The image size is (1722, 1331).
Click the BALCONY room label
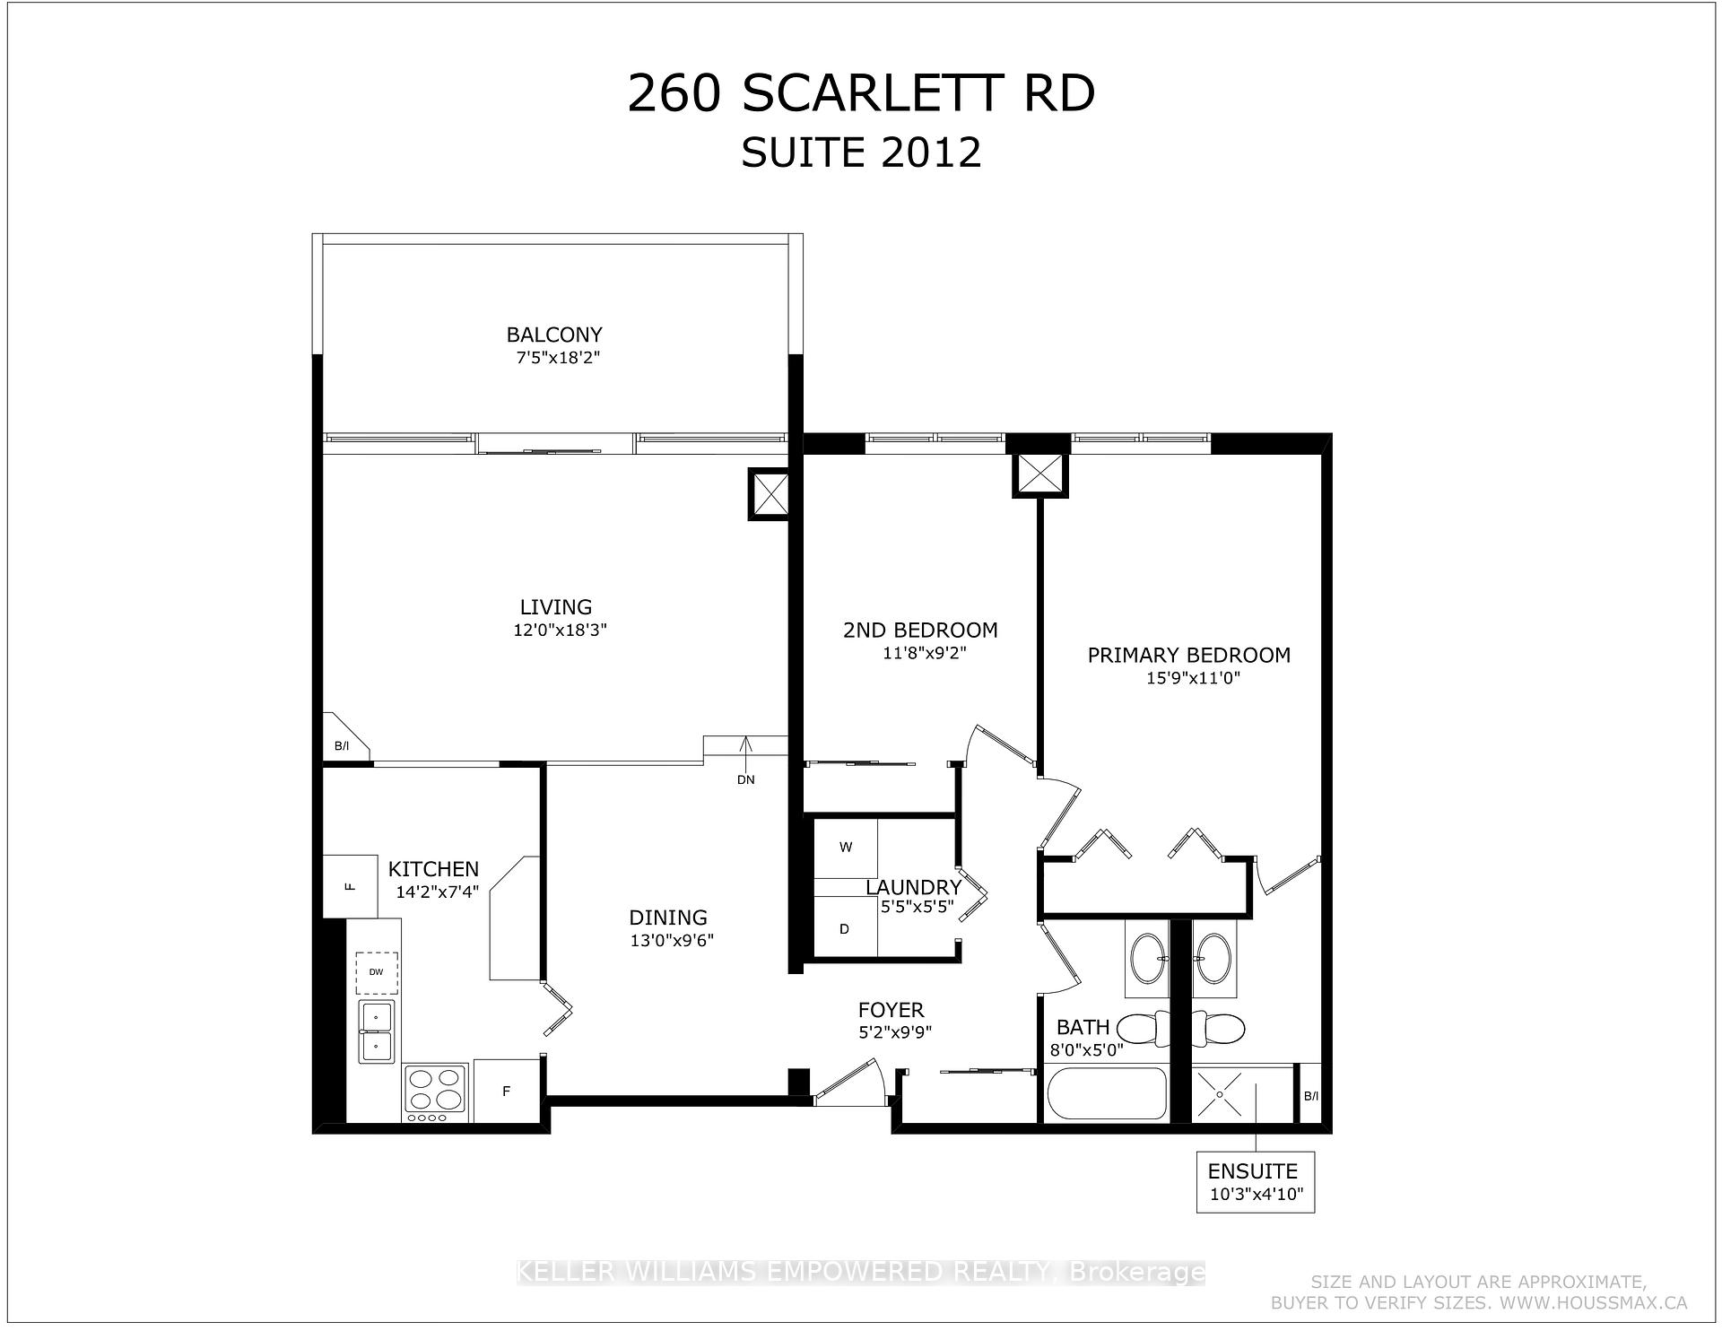(x=553, y=335)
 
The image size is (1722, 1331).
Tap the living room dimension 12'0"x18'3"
(x=560, y=631)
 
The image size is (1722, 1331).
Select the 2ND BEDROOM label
(x=919, y=630)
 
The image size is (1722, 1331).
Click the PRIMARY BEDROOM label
(x=1188, y=655)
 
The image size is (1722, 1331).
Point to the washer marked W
(x=845, y=848)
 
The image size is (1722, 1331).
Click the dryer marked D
(x=844, y=929)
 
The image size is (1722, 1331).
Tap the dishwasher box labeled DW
(x=377, y=972)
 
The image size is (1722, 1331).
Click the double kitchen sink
(x=377, y=1031)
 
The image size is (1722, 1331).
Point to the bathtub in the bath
(x=1107, y=1093)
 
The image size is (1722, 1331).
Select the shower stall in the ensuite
(x=1242, y=1093)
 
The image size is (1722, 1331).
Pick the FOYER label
(x=890, y=1010)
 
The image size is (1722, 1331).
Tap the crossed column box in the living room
(x=768, y=494)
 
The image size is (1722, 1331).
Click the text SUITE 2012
(x=860, y=152)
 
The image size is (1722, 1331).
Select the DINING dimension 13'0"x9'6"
(x=671, y=941)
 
